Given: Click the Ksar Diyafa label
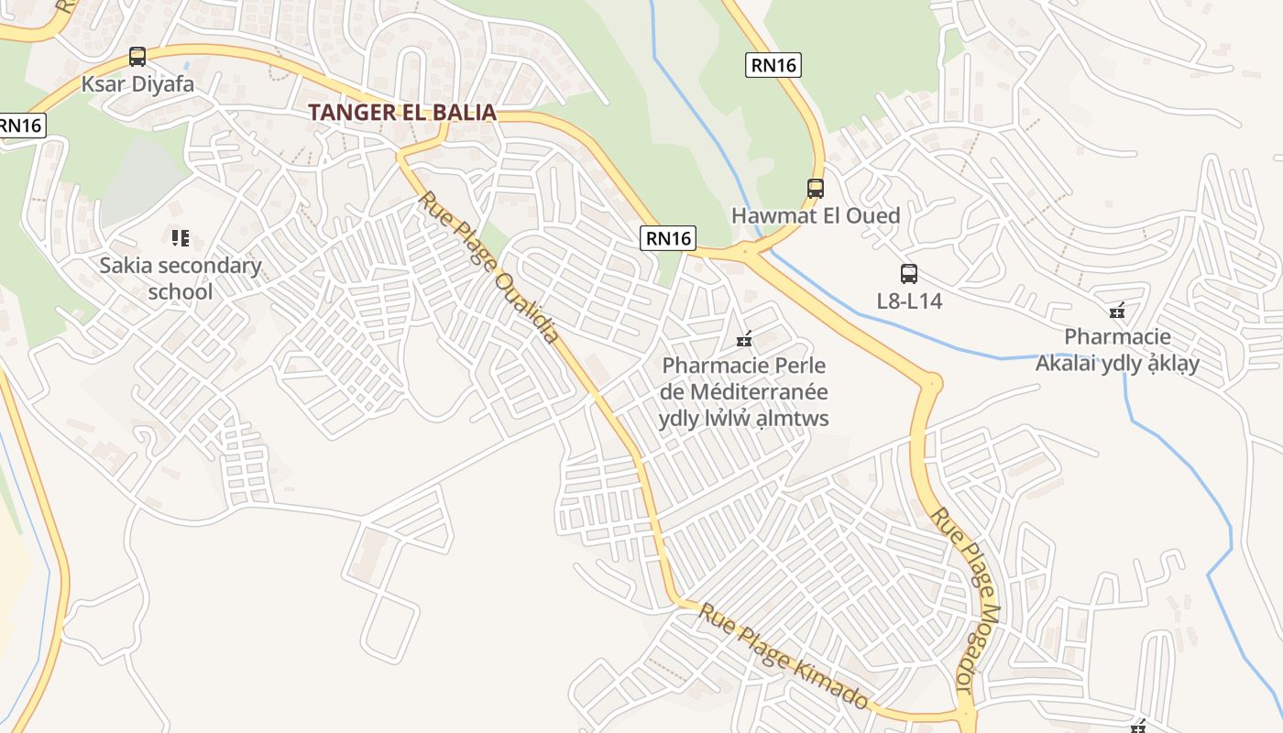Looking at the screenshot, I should coord(137,84).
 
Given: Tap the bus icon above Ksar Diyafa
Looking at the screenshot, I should coord(137,57).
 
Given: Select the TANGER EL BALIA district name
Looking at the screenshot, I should coord(402,113).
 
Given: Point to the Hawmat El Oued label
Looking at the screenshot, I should coord(816,216).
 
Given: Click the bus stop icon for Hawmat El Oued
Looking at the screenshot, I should coord(816,189).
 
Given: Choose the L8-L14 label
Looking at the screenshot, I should coord(909,301).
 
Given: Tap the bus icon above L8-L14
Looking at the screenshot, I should coord(909,273).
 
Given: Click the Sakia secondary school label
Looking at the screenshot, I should coord(181,279).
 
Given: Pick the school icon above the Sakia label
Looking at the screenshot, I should coord(181,238).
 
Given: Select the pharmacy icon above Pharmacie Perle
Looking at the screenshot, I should coord(744,340).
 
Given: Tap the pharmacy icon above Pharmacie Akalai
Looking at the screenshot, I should coord(1116,311).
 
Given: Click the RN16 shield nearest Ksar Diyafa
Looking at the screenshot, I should coord(20,126).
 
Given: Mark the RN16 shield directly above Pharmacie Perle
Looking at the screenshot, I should coord(668,238).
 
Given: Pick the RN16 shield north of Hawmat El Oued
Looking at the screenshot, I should coord(773,64).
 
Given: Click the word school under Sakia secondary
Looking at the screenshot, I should coord(181,292).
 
